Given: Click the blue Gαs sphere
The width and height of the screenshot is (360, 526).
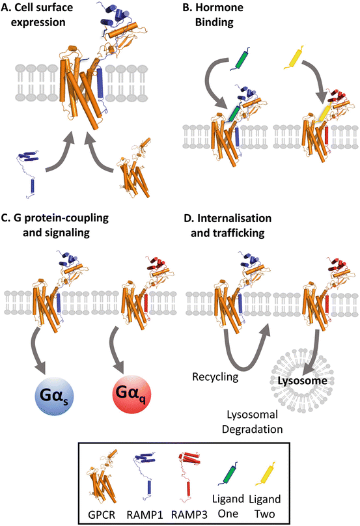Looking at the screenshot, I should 53,395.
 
